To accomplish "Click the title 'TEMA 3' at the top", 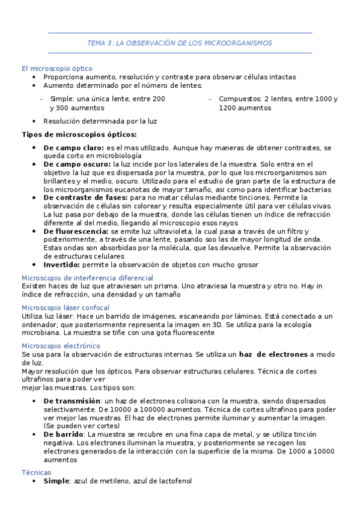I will point(100,43).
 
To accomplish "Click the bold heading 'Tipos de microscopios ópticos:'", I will point(79,134).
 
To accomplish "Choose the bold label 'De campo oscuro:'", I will point(77,164).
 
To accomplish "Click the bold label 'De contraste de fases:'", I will point(85,197).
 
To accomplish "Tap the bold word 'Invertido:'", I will point(63,265).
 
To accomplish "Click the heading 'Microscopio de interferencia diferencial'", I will point(87,278).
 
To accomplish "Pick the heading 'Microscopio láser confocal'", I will point(66,307).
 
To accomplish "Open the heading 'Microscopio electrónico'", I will point(61,346).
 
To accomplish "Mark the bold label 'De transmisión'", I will point(72,401).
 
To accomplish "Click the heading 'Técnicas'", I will point(36,473).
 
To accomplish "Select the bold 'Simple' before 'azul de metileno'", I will point(56,481).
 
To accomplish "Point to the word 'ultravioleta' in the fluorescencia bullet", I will point(168,231).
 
